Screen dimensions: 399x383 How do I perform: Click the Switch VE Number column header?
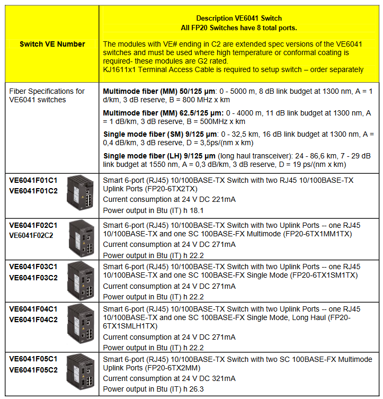[x=52, y=44]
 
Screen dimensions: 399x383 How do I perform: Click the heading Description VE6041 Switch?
[x=239, y=19]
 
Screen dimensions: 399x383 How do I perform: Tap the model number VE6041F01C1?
[x=33, y=181]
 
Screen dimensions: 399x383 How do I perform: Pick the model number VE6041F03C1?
[x=33, y=267]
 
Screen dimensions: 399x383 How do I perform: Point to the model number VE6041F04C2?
[x=33, y=320]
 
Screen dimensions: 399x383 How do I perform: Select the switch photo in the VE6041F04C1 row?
[x=80, y=325]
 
